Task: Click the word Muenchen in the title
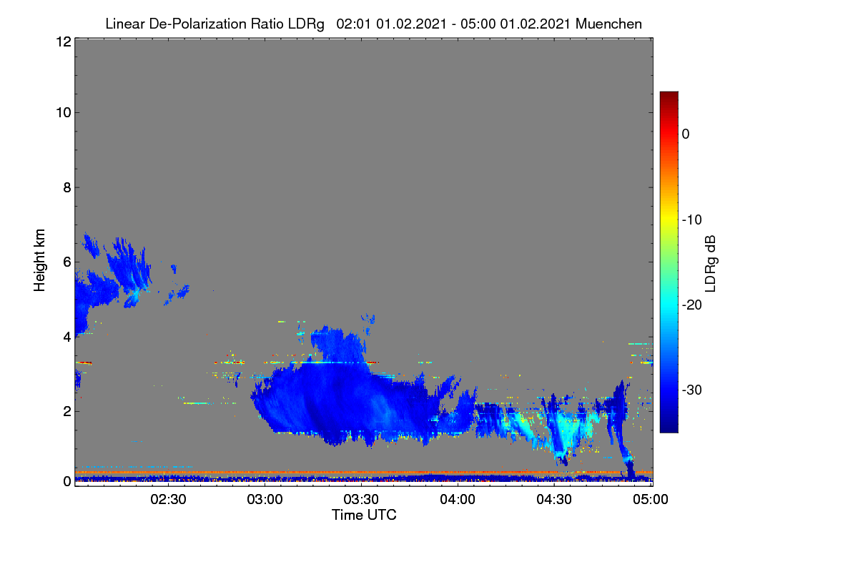click(x=608, y=24)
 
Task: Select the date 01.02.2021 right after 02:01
click(x=411, y=24)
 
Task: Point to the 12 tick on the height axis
click(x=64, y=41)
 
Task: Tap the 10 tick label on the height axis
click(x=64, y=113)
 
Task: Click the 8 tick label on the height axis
click(x=67, y=188)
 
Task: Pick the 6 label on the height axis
click(x=67, y=262)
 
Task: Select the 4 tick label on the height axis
click(x=67, y=337)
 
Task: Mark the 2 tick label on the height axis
click(x=67, y=411)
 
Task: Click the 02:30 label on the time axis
click(x=168, y=500)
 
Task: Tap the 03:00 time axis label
click(x=265, y=500)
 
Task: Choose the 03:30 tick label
click(x=361, y=500)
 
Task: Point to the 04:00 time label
click(x=458, y=500)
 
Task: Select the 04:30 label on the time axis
click(x=554, y=500)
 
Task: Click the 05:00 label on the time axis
click(x=651, y=500)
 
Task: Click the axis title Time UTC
click(x=364, y=516)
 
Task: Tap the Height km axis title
click(x=39, y=260)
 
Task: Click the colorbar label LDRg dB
click(x=711, y=264)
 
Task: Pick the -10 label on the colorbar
click(x=692, y=220)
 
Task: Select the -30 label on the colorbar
click(x=692, y=390)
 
